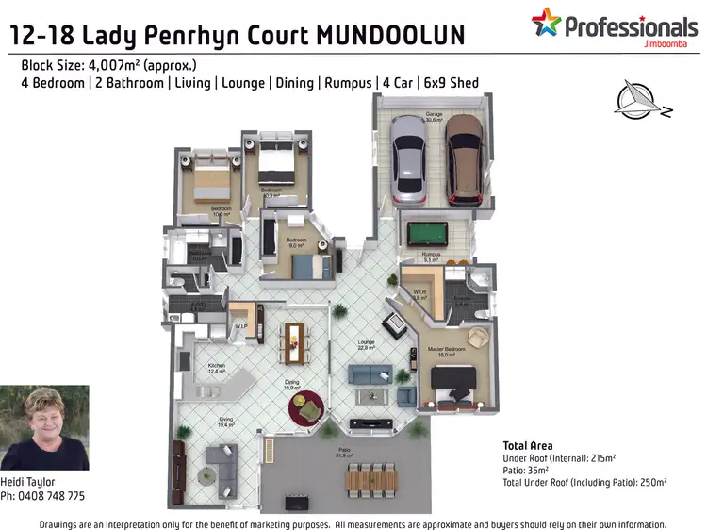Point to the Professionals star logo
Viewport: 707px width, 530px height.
click(x=546, y=23)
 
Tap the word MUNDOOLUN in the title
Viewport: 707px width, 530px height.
click(x=391, y=37)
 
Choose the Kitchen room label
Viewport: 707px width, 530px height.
click(x=217, y=366)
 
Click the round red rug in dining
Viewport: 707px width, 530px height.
click(x=305, y=406)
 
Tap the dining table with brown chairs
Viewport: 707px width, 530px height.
click(x=296, y=340)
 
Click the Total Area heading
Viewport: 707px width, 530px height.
click(x=528, y=446)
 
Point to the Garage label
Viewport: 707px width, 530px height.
click(x=433, y=115)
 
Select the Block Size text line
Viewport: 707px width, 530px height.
click(x=107, y=66)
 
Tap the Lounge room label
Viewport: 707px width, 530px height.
click(x=367, y=342)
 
